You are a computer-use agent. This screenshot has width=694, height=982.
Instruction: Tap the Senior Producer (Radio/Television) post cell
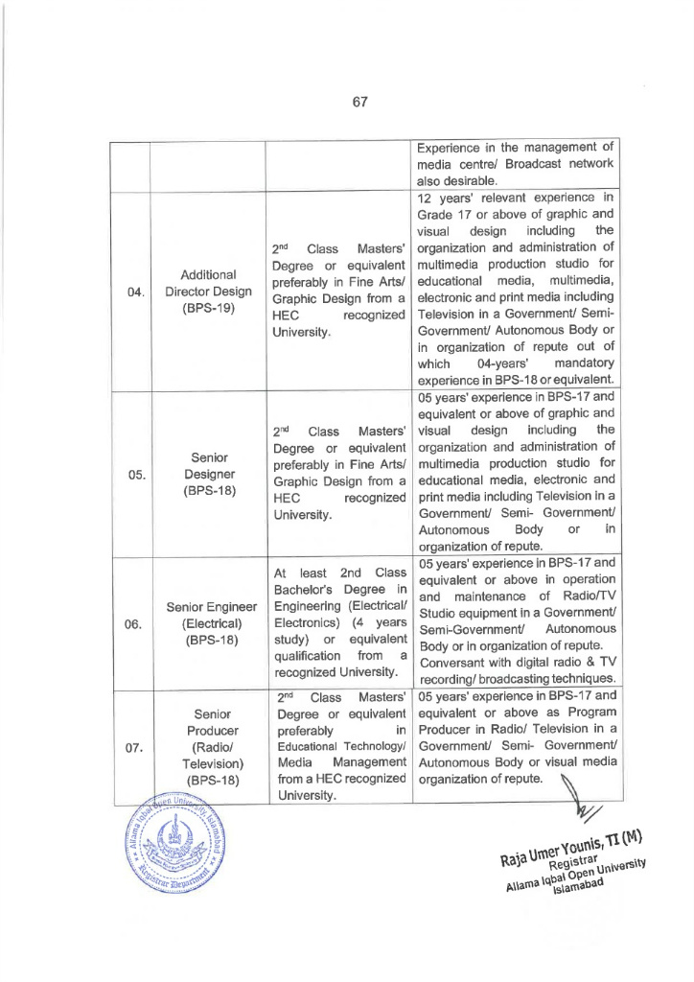click(207, 748)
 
